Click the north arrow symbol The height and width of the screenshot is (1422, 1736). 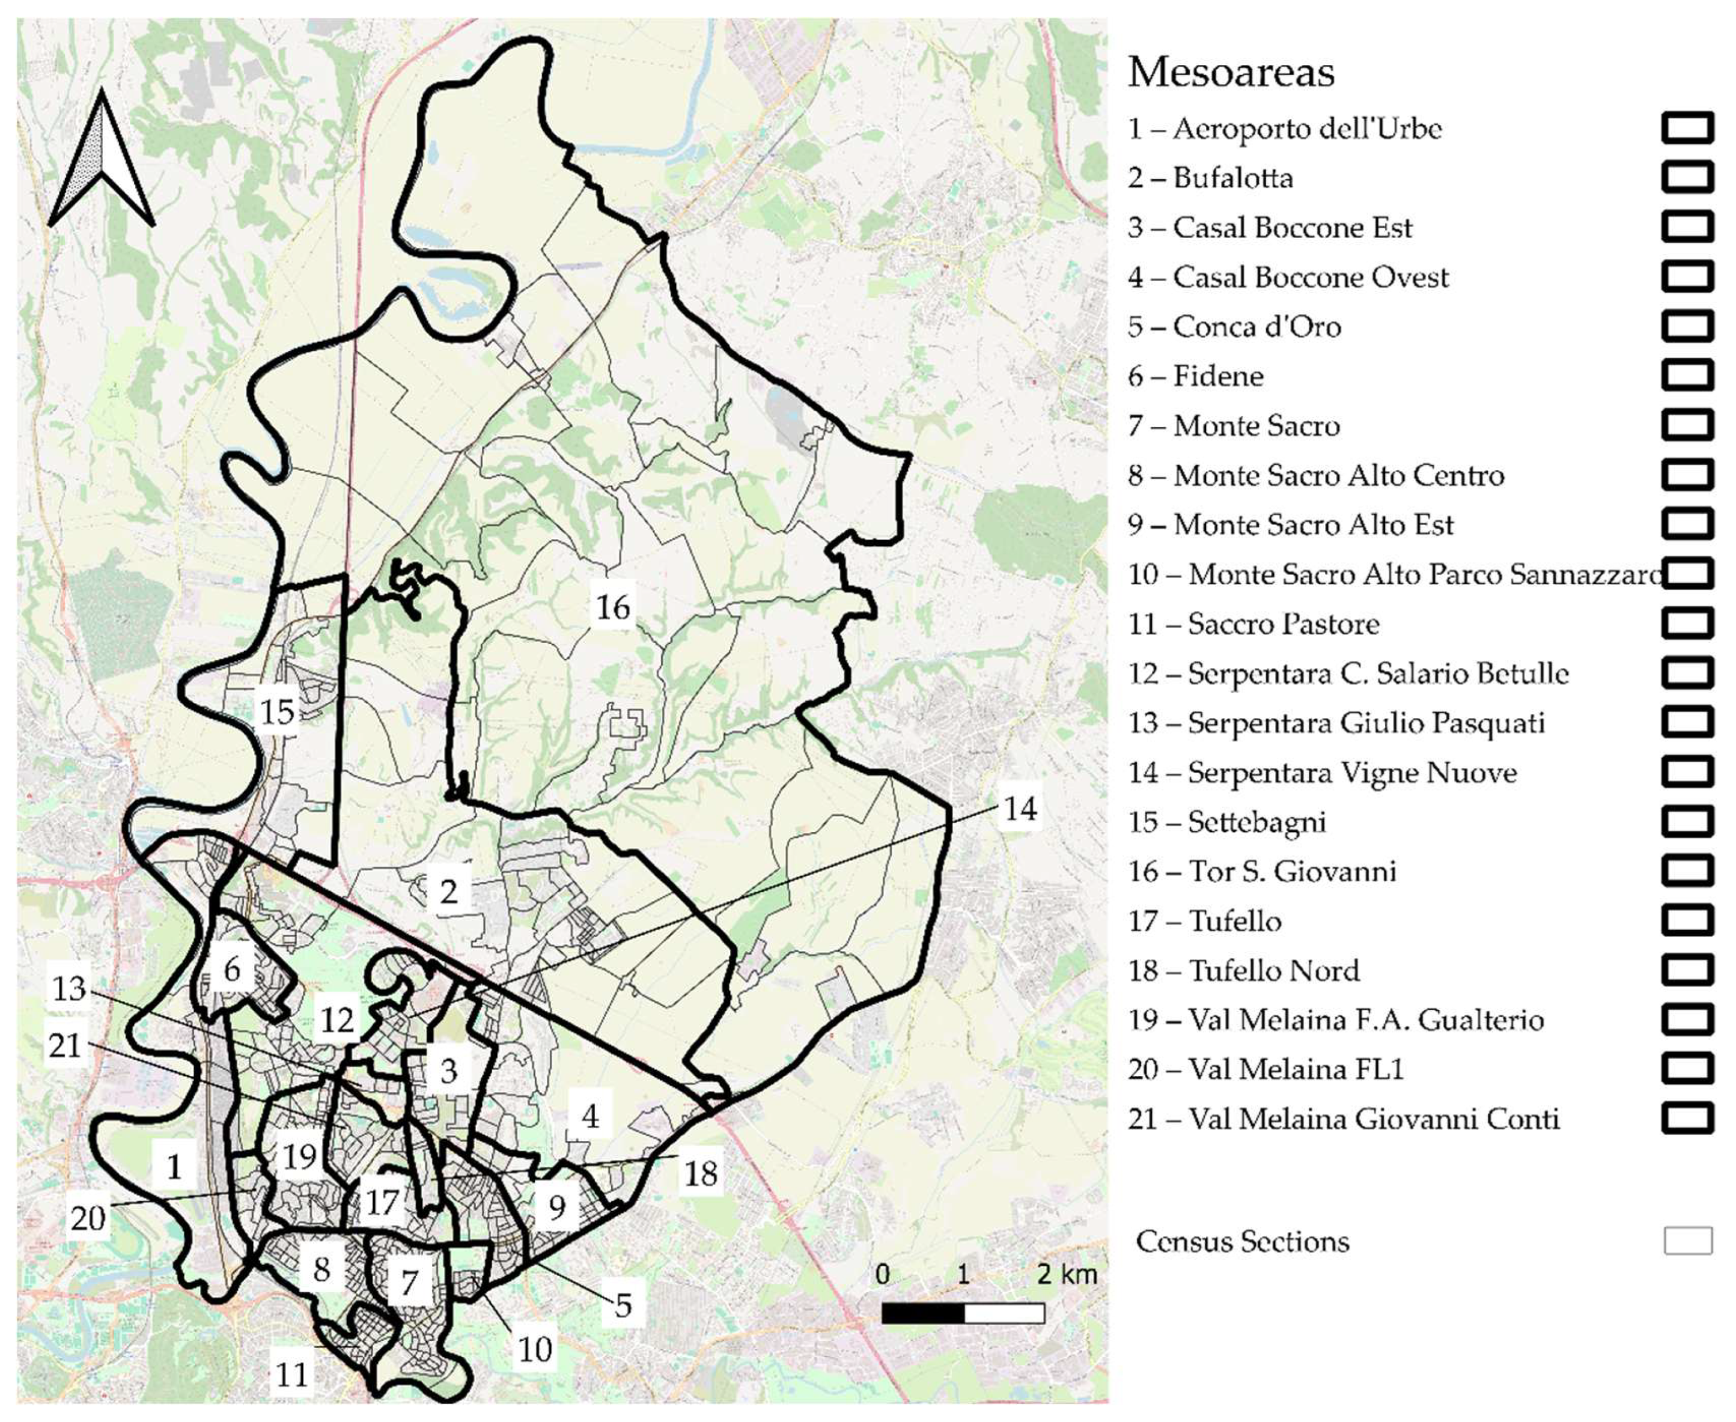(102, 160)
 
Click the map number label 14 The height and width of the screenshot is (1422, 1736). (1020, 809)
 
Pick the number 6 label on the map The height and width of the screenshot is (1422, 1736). (232, 970)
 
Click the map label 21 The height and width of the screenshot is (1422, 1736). (65, 1046)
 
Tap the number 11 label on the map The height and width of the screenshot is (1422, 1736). (291, 1374)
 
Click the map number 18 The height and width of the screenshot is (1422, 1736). (701, 1174)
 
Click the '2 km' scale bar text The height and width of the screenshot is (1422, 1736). (1066, 1274)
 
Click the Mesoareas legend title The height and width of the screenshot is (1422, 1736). (1231, 72)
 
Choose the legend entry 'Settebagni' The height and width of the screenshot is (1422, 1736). (1256, 822)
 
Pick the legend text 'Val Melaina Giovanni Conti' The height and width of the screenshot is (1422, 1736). (1373, 1119)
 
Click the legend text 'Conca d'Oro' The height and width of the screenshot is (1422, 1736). (1256, 327)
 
